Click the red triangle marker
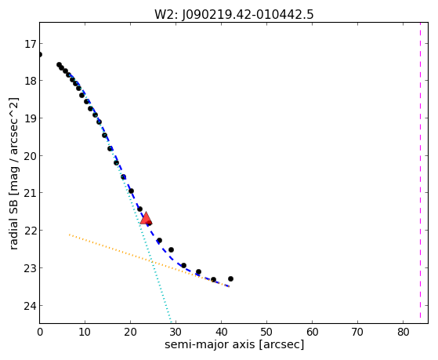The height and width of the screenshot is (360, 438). (146, 218)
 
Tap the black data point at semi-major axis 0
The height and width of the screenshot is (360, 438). (40, 54)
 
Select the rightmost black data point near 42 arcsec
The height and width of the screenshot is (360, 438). (230, 278)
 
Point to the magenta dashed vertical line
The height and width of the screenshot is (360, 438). (420, 170)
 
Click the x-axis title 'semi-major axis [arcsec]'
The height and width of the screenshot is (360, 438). (234, 344)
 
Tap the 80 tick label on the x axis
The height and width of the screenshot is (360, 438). (403, 332)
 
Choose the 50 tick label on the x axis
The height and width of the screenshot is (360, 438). (266, 332)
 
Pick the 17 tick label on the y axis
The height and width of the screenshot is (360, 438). (30, 44)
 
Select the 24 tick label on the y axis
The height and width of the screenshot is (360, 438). (30, 305)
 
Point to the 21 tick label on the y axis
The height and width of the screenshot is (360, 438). (30, 193)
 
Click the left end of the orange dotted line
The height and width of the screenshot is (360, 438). (69, 235)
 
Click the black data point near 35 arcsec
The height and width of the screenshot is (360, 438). (198, 271)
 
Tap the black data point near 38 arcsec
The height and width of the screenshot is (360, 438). (213, 279)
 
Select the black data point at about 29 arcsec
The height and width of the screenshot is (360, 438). (172, 249)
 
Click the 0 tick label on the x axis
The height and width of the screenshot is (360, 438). (40, 332)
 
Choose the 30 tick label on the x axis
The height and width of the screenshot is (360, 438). (176, 332)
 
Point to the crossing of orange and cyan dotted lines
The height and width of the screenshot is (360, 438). (151, 261)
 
